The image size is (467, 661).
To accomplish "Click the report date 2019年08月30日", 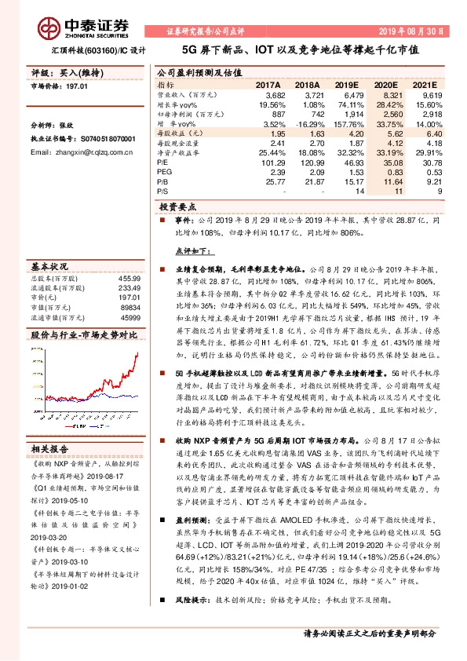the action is click(418, 31).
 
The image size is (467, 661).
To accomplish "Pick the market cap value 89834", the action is click(130, 309).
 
